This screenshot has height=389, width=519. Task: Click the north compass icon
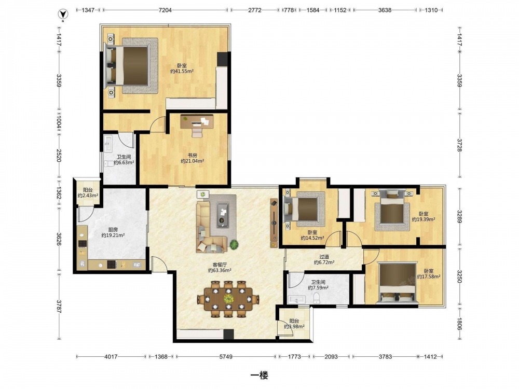63,14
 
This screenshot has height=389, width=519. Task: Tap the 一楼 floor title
259,375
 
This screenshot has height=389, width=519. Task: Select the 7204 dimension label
165,10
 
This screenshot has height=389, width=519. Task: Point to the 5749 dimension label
226,357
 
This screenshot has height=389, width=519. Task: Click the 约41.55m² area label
182,71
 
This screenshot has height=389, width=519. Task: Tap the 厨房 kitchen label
113,230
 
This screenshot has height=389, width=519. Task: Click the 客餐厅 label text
220,265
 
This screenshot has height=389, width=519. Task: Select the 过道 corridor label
324,257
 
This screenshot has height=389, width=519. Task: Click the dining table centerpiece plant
228,298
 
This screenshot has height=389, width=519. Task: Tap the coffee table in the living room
223,215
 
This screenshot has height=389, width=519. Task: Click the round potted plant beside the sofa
234,244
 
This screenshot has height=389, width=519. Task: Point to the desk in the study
197,121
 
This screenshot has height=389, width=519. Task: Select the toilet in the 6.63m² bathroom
109,163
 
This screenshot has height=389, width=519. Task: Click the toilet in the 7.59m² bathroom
317,298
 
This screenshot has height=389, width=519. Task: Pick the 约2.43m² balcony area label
88,196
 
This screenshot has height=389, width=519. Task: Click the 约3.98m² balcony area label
294,326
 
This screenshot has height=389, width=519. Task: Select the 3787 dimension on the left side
59,307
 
